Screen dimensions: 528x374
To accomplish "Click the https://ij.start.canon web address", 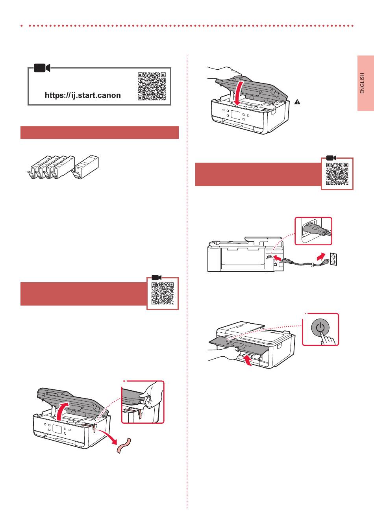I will coord(83,95).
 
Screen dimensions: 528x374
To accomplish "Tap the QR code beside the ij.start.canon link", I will coord(152,86).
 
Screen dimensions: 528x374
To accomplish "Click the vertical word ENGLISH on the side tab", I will coord(363,83).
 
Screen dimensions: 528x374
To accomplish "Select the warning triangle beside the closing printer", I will coord(297,102).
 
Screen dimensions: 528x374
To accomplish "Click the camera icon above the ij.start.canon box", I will coord(41,68).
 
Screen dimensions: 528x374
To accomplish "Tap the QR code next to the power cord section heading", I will coord(337,174).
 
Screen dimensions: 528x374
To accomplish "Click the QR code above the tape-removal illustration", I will coord(163,294).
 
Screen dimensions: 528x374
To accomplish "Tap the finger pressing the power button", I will coord(328,338).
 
